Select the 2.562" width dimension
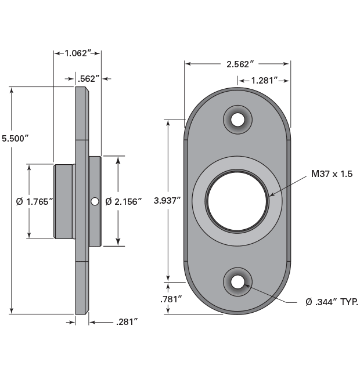(237, 64)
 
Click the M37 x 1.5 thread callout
(332, 173)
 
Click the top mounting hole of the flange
(237, 120)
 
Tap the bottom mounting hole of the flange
(237, 282)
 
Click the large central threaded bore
(237, 201)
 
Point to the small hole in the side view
(94, 201)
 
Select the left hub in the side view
(64, 201)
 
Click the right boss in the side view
(95, 174)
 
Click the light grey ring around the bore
(200, 201)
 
